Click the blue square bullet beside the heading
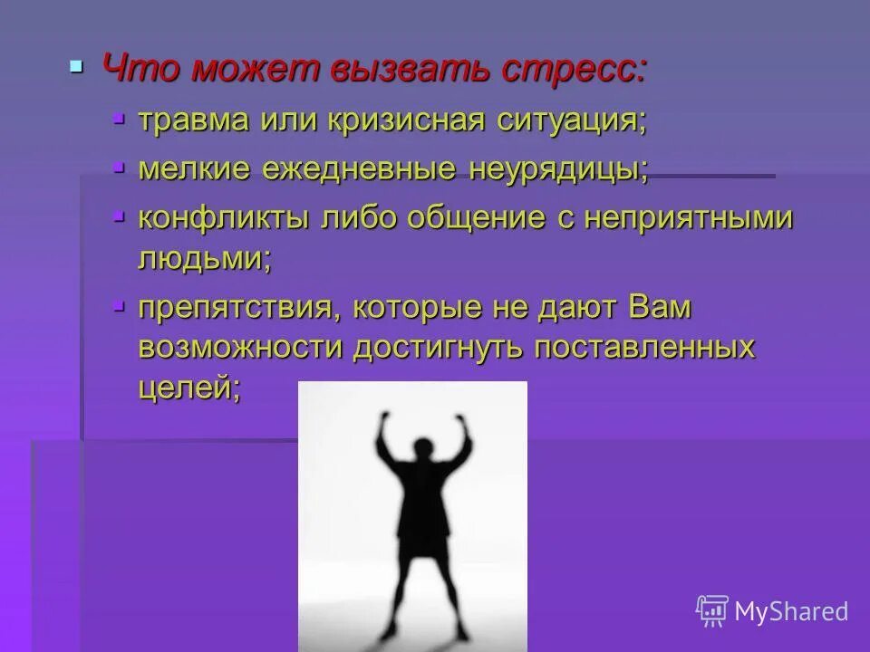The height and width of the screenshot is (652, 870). [77, 67]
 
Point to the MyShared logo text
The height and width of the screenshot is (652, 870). [792, 611]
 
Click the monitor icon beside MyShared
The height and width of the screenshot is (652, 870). [712, 610]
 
